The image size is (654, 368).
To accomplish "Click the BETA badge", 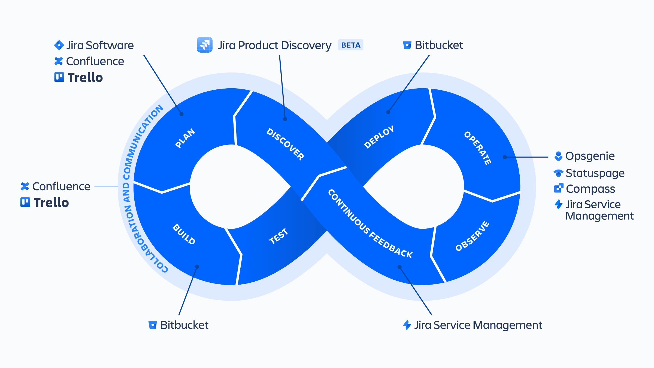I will [x=350, y=45].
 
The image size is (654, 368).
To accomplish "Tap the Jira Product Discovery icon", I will [x=204, y=45].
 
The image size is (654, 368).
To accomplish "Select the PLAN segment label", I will [x=185, y=138].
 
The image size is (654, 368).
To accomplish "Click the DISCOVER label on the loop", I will [x=285, y=144].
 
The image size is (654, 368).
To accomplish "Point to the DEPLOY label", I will [x=379, y=137].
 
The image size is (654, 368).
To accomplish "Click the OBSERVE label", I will [x=473, y=236].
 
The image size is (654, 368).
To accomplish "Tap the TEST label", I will [x=278, y=236].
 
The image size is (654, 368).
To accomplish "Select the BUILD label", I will [x=184, y=234].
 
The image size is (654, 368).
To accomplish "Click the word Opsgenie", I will [x=590, y=156].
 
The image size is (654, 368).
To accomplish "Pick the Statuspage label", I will [x=595, y=173].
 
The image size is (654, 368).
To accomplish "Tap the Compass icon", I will [x=558, y=188].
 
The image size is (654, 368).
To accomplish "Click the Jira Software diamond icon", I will [x=59, y=45].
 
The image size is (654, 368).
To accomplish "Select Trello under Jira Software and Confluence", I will [x=85, y=77].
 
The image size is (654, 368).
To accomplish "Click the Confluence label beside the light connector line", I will [x=61, y=186].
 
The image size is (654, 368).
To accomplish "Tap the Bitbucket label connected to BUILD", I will [x=184, y=325].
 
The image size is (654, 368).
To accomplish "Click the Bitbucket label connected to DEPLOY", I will [x=439, y=45].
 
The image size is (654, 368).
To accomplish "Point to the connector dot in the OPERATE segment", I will [x=505, y=157].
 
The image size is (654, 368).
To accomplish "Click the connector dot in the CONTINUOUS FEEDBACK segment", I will [x=399, y=267].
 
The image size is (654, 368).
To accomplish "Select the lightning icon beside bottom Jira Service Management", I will [x=407, y=325].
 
